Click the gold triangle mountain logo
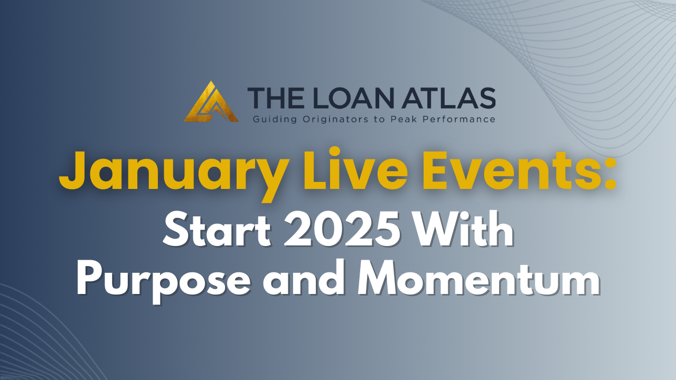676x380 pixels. point(211,102)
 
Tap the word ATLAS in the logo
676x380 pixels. point(448,98)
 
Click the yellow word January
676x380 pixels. point(173,174)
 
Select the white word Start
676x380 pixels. point(217,230)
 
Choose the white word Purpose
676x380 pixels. point(164,282)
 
